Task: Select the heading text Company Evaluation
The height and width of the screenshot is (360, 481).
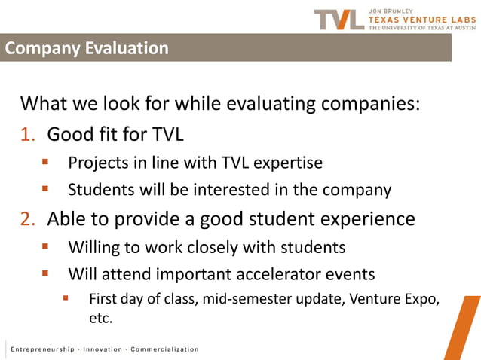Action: [x=87, y=49]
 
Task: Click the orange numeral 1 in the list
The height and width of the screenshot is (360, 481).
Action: [x=28, y=135]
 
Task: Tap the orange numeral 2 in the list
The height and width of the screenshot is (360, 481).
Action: [x=28, y=219]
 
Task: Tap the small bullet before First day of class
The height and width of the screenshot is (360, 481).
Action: [x=66, y=298]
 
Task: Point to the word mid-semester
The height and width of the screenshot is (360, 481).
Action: [x=244, y=300]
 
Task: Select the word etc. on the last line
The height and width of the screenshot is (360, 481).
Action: [x=100, y=319]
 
